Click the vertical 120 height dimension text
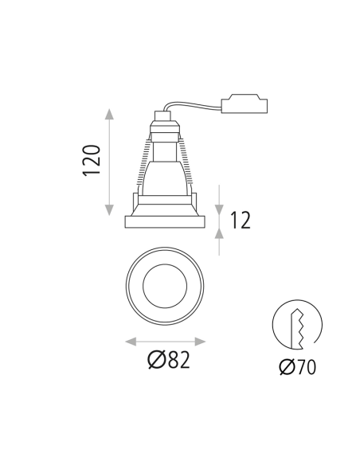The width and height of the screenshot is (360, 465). point(92,161)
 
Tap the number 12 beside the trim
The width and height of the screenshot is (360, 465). point(240,219)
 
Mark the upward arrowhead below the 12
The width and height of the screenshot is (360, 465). point(220,232)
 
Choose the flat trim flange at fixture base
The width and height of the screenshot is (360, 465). point(166,221)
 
